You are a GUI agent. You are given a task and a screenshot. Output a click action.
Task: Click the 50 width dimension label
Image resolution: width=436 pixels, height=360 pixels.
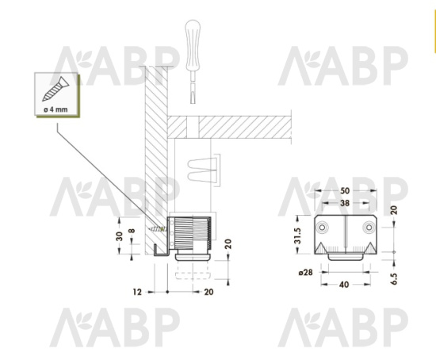tap(345, 191)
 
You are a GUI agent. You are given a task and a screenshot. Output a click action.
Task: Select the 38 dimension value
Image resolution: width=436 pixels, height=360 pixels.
tap(345, 203)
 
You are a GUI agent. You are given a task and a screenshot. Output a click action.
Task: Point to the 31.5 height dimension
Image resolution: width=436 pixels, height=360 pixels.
tap(297, 236)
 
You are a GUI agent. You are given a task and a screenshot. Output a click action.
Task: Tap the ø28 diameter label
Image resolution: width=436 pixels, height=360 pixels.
tap(305, 272)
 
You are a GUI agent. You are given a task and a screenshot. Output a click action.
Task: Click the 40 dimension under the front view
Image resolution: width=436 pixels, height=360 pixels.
tap(344, 285)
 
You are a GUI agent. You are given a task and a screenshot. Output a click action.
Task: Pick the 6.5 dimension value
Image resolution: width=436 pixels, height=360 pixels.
tap(394, 279)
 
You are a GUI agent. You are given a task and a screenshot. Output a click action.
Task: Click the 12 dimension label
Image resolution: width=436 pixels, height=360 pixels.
tap(137, 292)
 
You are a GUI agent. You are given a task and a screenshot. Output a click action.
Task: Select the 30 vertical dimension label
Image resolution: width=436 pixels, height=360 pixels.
tap(119, 236)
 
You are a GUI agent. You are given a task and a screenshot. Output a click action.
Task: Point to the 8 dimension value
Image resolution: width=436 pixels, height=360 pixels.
tap(132, 231)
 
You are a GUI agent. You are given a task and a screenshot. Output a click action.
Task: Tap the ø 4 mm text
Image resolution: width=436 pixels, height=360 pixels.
tap(55, 109)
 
